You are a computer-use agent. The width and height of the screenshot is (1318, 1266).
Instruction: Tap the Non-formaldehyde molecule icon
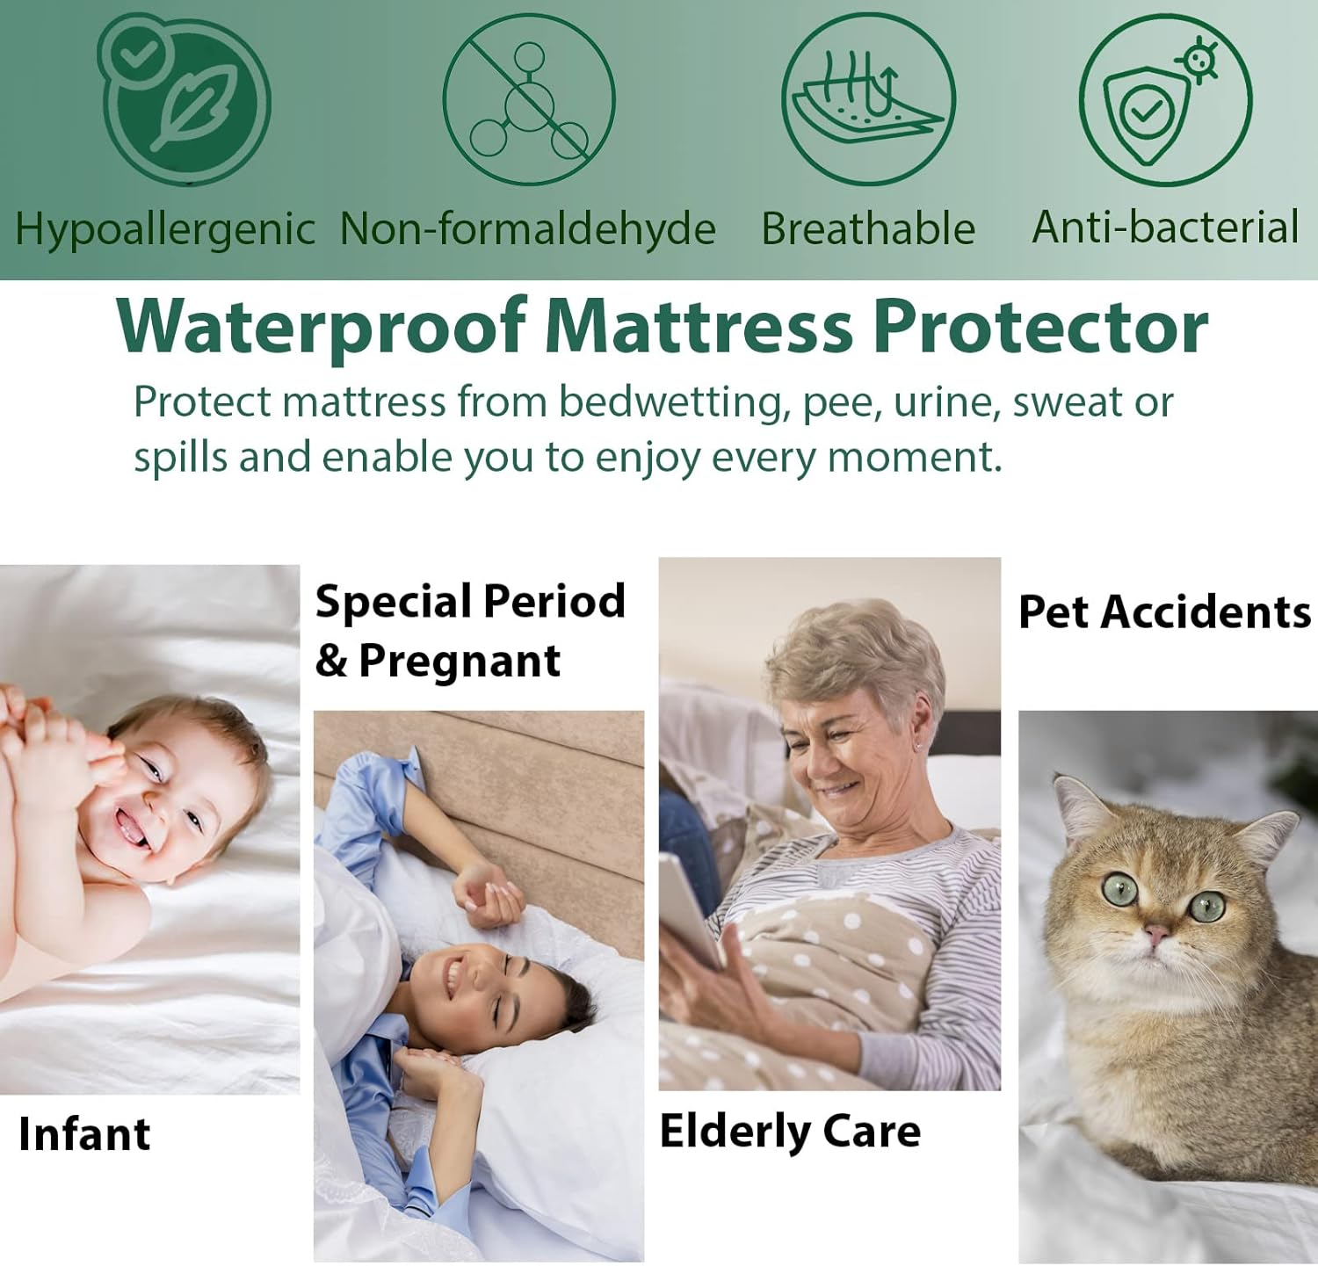[528, 99]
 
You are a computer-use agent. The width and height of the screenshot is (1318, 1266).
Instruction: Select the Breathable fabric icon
[868, 99]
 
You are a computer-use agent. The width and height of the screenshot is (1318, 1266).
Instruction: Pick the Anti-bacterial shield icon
[1165, 99]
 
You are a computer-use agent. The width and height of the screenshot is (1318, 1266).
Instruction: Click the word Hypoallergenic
[165, 229]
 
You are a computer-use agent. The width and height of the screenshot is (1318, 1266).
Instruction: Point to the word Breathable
[868, 229]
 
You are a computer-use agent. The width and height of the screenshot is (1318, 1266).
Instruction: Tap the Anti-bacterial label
[1165, 228]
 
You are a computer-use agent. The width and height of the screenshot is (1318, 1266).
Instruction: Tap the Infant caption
[84, 1133]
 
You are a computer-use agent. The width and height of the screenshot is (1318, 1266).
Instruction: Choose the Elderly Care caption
[790, 1131]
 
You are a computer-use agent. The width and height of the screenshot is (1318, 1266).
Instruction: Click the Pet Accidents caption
[1164, 612]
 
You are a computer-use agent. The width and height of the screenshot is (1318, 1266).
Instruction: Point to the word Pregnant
[460, 661]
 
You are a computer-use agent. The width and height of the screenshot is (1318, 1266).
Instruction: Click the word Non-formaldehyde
[528, 229]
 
